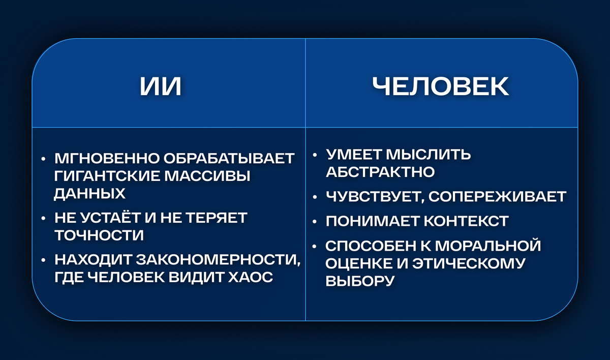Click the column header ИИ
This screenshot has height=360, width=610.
161,86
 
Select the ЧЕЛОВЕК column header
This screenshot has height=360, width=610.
440,86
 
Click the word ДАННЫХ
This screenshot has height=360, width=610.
89,194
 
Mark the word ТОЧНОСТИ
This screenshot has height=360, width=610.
99,235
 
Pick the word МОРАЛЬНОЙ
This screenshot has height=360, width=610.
490,246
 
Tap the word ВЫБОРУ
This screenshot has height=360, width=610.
360,281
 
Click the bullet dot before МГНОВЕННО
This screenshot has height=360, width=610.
44,159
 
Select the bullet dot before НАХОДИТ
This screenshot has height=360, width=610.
44,260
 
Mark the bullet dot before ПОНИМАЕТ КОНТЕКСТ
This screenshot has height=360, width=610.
316,222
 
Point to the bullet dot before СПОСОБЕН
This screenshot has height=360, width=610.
316,246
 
